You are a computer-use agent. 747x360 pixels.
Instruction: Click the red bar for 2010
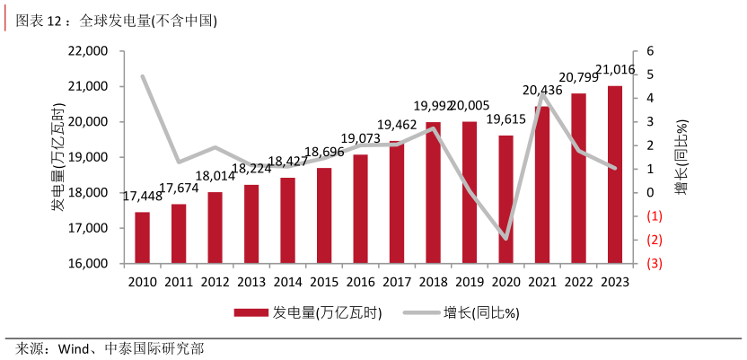(142, 238)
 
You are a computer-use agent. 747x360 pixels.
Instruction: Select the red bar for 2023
(615, 175)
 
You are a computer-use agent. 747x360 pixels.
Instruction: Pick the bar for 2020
(505, 199)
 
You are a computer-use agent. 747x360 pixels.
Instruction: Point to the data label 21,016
(616, 70)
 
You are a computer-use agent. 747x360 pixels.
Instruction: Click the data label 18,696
(325, 151)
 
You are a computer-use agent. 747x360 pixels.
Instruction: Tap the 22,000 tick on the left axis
(88, 51)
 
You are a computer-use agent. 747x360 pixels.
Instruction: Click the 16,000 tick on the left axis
(88, 264)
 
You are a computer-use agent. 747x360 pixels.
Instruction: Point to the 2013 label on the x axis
(251, 282)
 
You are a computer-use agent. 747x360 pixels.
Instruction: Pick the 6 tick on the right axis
(650, 51)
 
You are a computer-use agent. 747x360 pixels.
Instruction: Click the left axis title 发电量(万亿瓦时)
(58, 157)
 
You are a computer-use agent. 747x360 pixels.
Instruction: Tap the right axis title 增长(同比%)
(681, 157)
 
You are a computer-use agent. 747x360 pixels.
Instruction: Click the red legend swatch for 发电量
(251, 313)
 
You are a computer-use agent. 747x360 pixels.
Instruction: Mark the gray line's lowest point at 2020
(505, 240)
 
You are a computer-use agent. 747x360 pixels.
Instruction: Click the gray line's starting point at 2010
(142, 76)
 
